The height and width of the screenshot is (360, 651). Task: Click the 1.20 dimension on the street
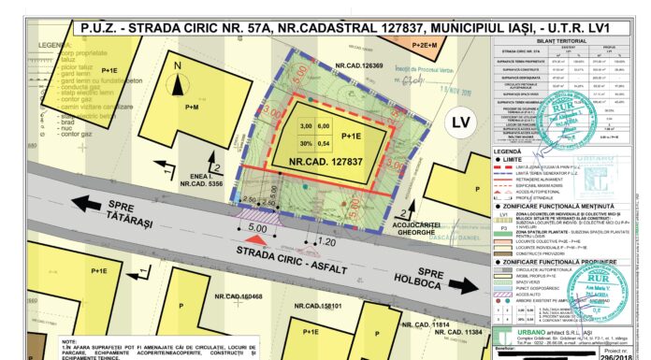pyautogui.click(x=327, y=242)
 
